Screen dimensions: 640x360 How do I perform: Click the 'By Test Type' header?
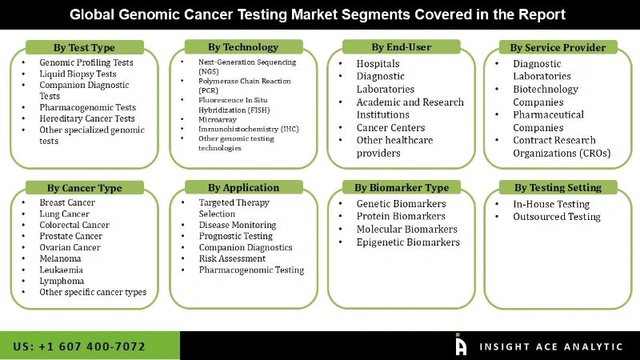tap(85, 47)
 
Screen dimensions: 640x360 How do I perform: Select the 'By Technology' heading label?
tap(243, 47)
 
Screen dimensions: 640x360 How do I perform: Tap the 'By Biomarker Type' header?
tap(402, 187)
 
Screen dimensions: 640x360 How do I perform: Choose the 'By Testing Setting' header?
tap(558, 187)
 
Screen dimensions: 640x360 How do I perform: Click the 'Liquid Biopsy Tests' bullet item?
tap(78, 74)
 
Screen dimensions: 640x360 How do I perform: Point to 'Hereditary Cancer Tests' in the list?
tap(87, 118)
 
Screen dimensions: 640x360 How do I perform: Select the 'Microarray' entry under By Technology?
tap(218, 119)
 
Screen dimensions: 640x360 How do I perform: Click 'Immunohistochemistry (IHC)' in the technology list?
tap(249, 129)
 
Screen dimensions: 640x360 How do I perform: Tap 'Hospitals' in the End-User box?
tap(378, 64)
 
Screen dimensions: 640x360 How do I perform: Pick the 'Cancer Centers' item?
tap(390, 128)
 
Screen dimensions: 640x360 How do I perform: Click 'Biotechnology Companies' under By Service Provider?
tap(546, 95)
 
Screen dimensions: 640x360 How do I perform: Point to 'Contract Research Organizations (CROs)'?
tap(562, 146)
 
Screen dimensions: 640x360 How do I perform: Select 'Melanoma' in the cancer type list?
tap(60, 258)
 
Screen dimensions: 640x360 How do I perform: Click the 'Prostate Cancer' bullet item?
tap(71, 236)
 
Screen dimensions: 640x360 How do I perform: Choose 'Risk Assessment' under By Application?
tap(232, 258)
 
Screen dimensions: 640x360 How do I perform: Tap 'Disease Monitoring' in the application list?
tap(238, 225)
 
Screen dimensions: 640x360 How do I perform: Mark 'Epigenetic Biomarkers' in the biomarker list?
tap(408, 242)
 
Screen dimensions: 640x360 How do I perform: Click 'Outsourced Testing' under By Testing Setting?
tap(557, 217)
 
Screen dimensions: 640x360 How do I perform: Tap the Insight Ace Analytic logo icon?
tap(461, 345)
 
